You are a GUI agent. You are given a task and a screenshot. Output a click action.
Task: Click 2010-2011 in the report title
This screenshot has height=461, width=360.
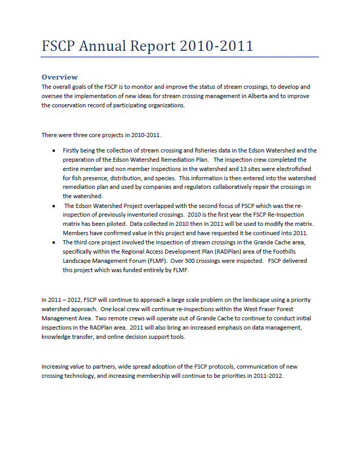coord(216,46)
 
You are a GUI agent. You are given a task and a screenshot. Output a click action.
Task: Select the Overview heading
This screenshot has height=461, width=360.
coord(59,77)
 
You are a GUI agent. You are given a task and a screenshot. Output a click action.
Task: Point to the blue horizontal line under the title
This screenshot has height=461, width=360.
coord(180,57)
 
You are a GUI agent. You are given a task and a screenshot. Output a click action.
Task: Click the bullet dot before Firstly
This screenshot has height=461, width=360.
coord(54,151)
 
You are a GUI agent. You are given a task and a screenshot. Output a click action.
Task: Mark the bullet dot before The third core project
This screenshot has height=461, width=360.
coord(54,242)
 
